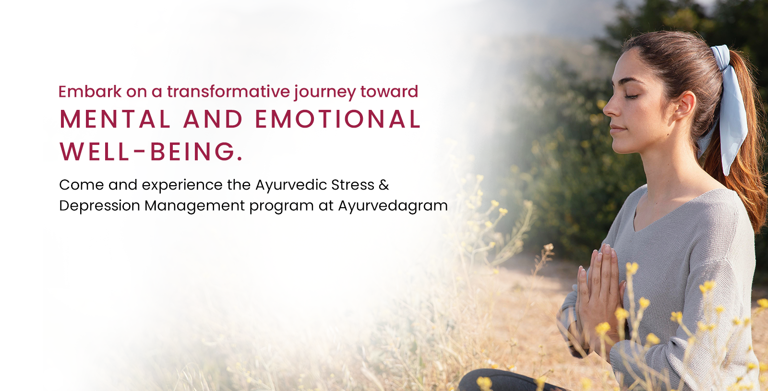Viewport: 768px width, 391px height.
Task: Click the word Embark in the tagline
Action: (x=90, y=92)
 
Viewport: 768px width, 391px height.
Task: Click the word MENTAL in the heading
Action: (x=115, y=119)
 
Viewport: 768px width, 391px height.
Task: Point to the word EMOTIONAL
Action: (x=338, y=119)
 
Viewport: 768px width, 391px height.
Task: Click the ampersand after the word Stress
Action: (x=384, y=185)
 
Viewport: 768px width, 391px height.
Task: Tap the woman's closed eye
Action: (x=632, y=96)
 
